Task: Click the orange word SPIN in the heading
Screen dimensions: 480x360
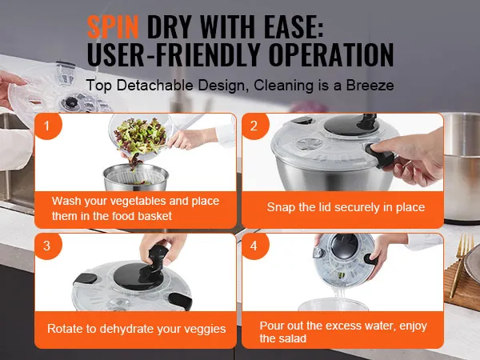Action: point(113,26)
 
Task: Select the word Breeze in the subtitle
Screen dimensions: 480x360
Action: point(370,86)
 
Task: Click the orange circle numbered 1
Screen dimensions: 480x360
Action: point(48,126)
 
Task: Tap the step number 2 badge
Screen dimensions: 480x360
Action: point(254,126)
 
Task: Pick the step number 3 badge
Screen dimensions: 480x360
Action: point(48,246)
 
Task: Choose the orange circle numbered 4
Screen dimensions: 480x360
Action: point(254,246)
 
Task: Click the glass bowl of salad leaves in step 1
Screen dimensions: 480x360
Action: point(141,137)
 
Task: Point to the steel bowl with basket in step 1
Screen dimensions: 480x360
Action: point(136,178)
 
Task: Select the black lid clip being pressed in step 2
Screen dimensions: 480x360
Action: point(379,154)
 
